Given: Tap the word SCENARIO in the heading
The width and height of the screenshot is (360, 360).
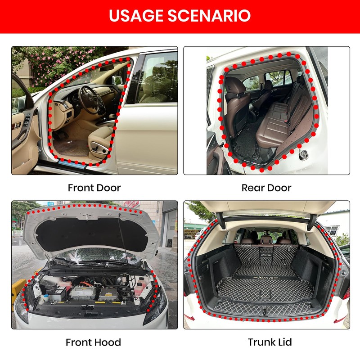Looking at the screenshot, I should pyautogui.click(x=214, y=16).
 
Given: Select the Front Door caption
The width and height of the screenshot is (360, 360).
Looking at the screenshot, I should pyautogui.click(x=94, y=188).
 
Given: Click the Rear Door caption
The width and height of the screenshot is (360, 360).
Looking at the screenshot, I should pyautogui.click(x=266, y=188).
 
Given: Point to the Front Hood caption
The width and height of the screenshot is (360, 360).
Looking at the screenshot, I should pyautogui.click(x=93, y=342).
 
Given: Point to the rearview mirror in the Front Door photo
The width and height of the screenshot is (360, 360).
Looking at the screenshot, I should pyautogui.click(x=106, y=68).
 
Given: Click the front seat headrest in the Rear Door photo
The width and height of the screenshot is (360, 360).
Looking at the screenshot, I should pyautogui.click(x=234, y=85).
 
